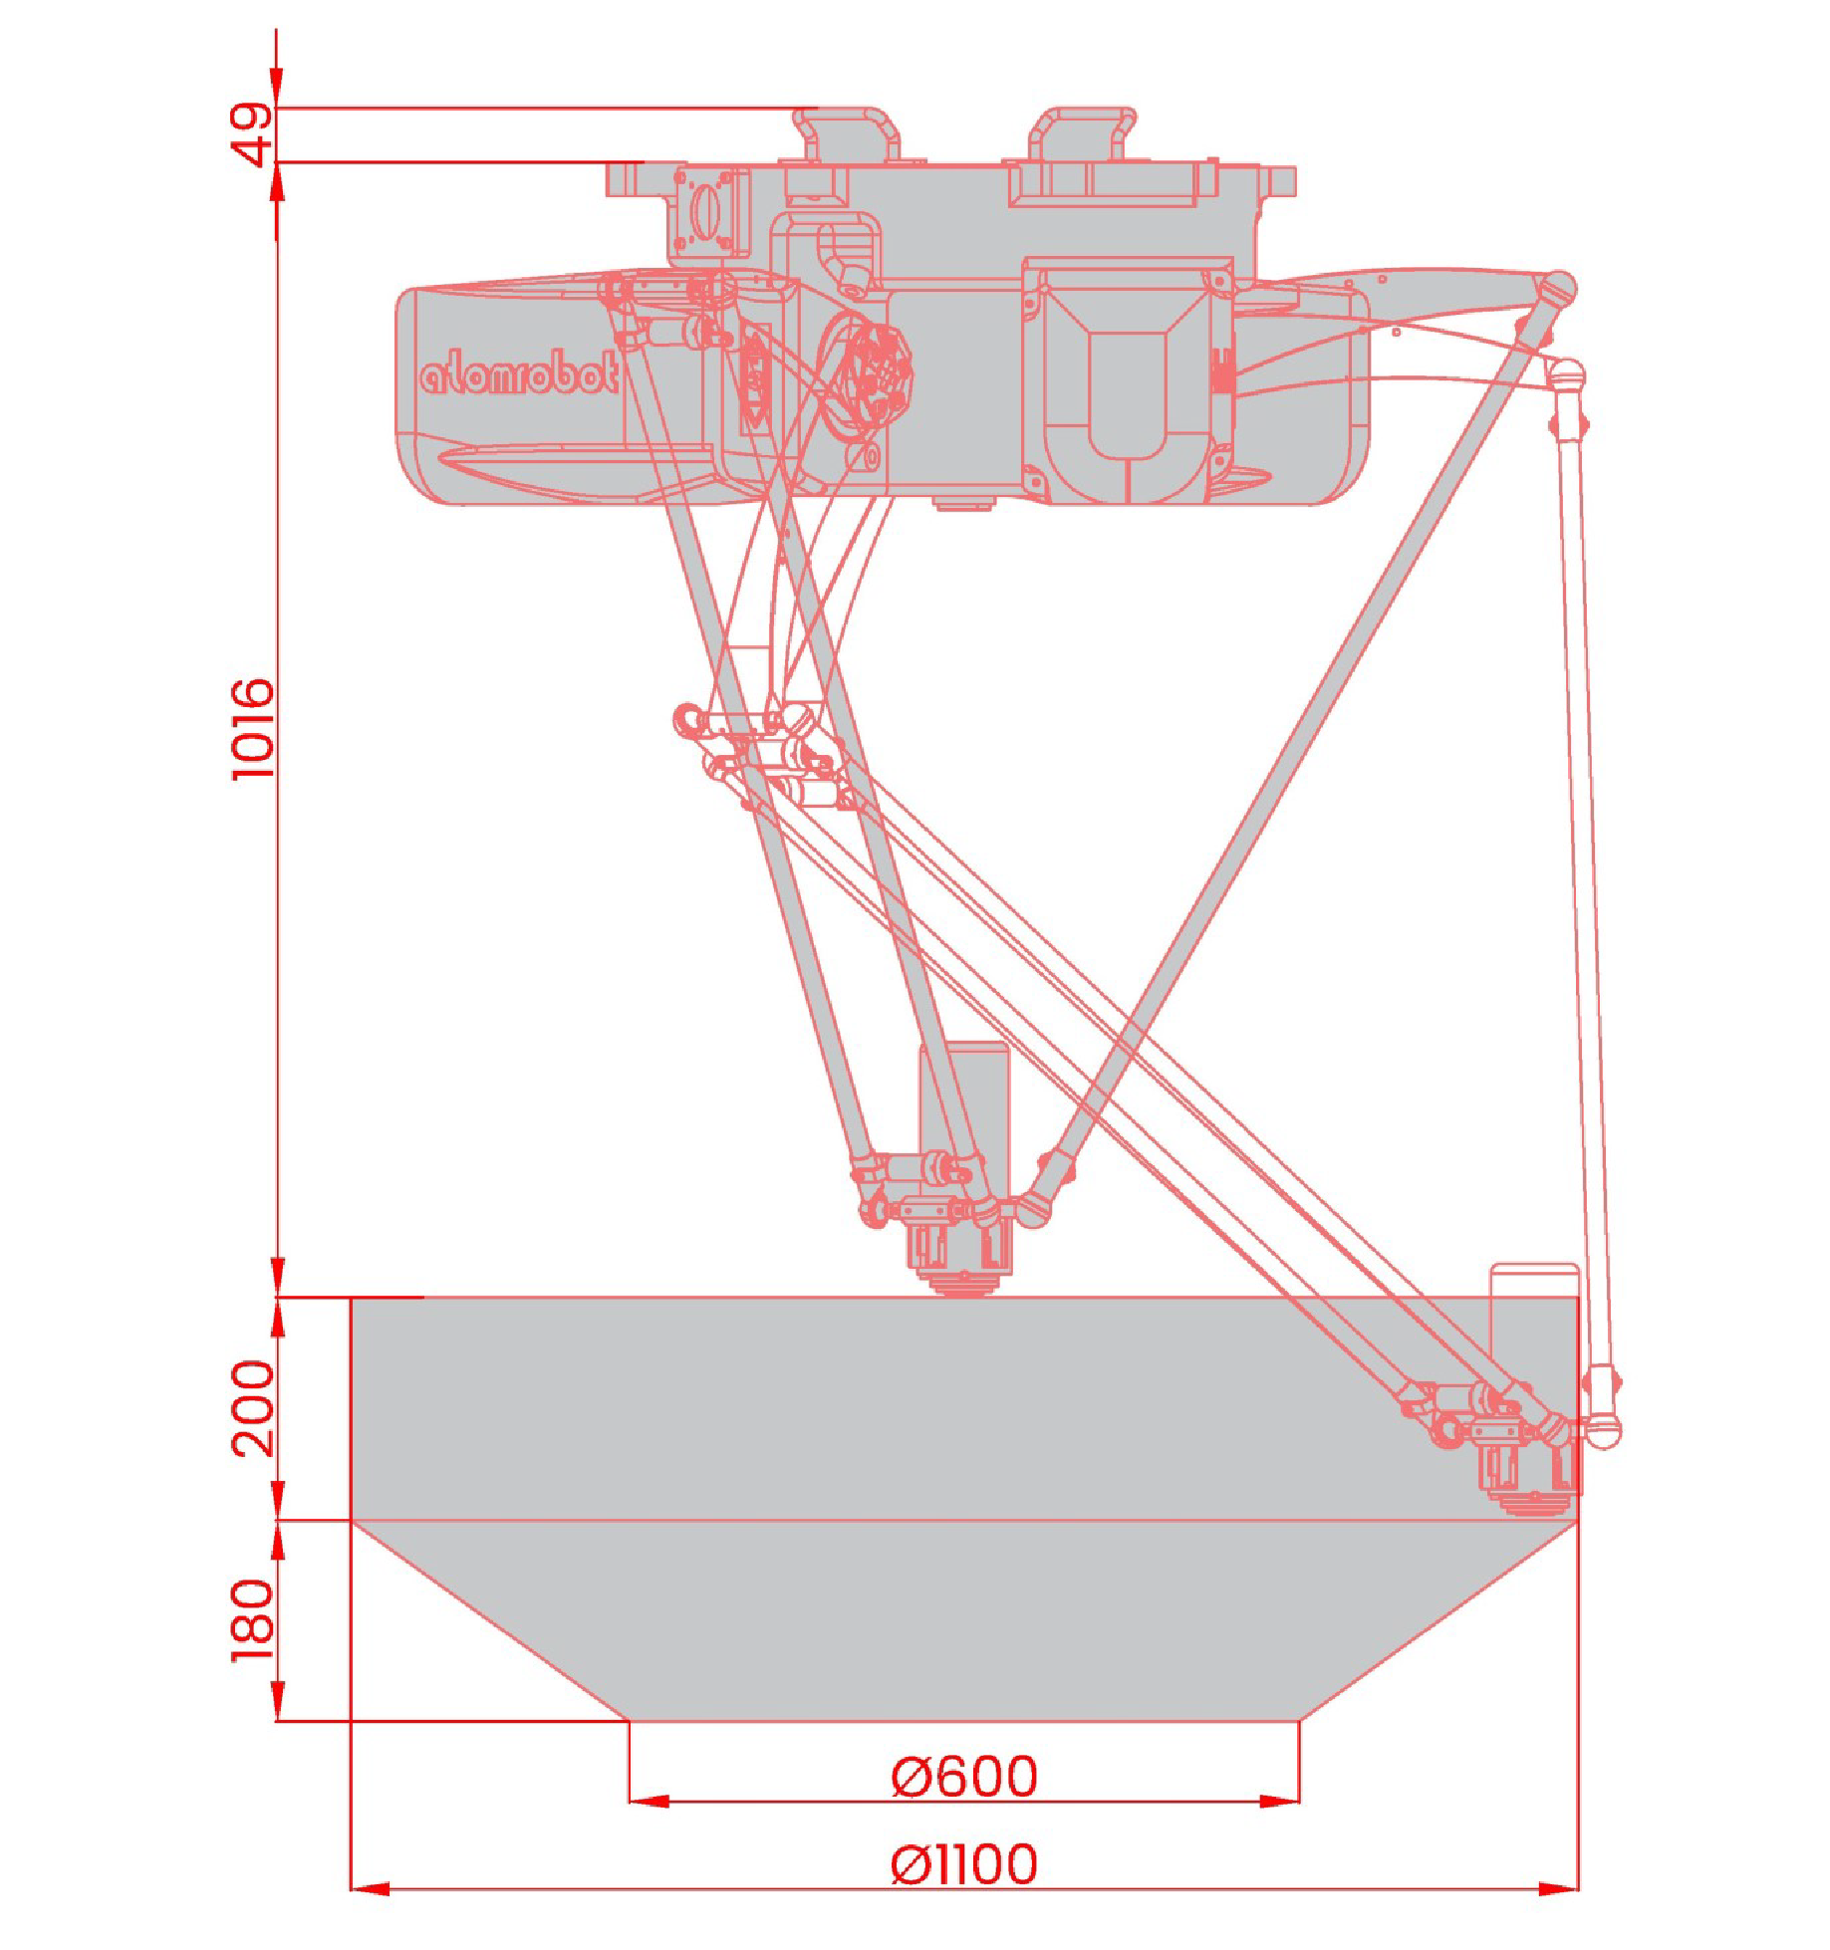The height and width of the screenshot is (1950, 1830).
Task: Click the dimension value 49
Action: [x=252, y=133]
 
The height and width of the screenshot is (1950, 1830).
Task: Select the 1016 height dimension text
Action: [x=252, y=729]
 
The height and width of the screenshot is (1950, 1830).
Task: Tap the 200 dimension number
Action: [x=252, y=1408]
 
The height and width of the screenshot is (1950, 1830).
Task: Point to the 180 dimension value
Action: [x=252, y=1620]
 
